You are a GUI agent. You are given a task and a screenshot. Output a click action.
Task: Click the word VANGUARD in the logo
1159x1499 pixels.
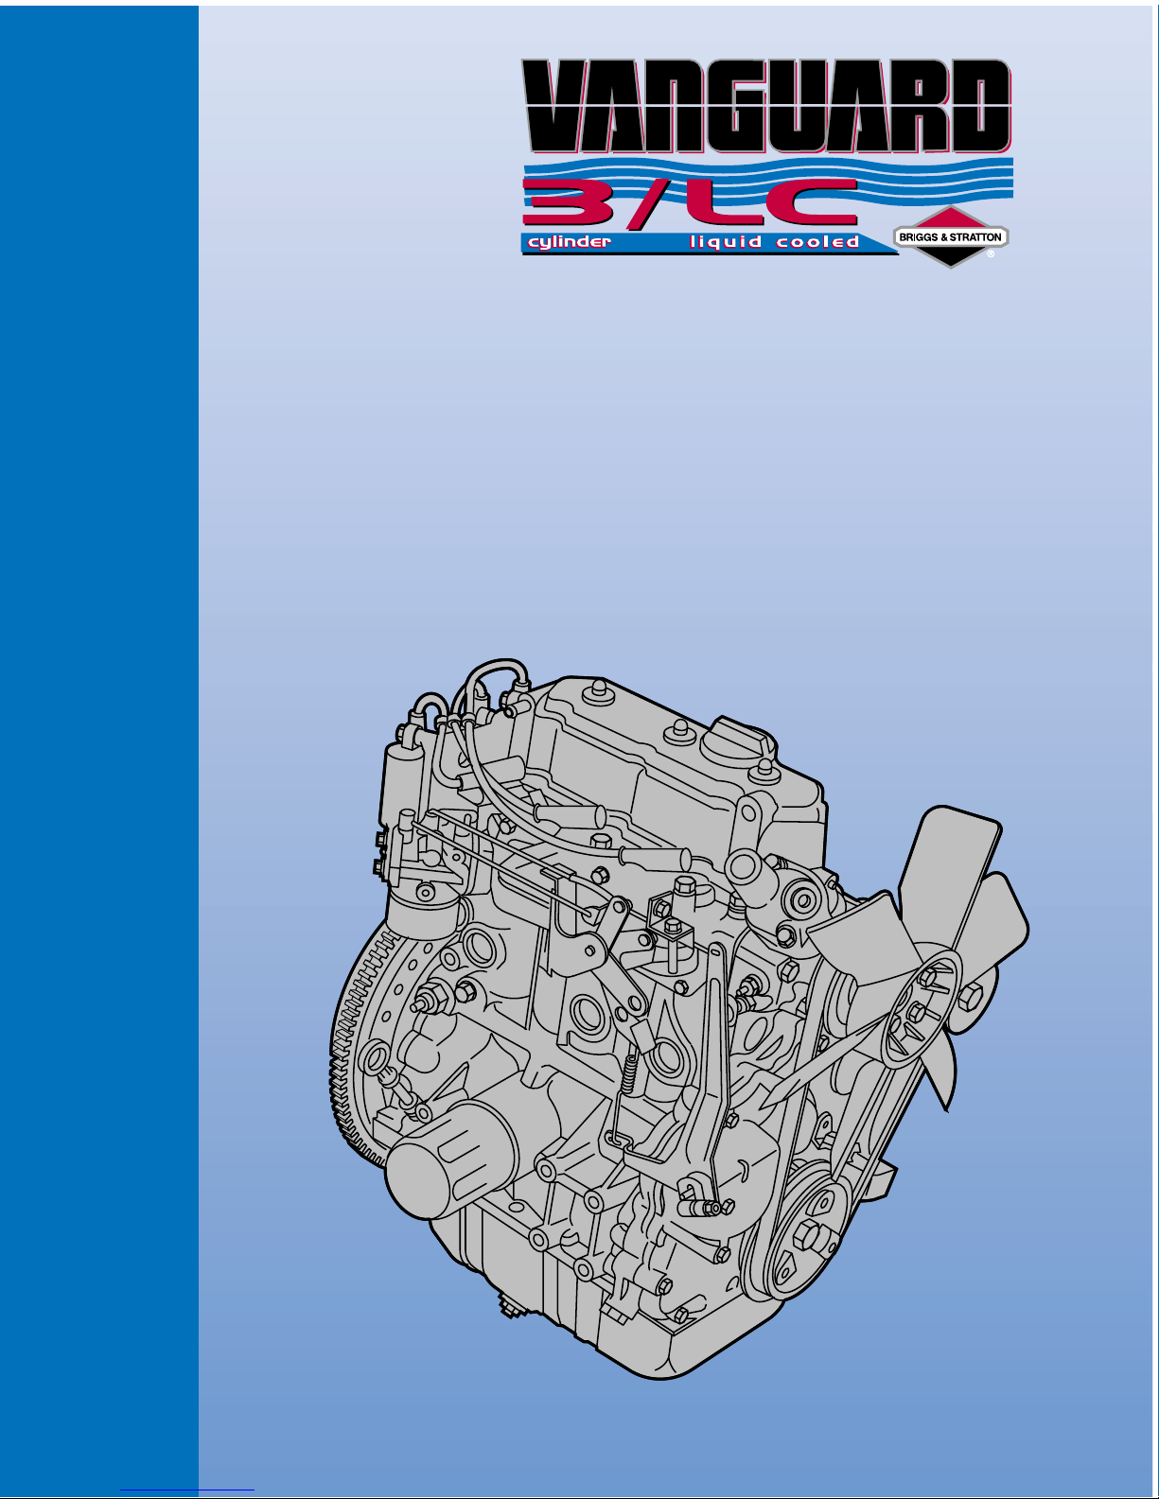coord(766,106)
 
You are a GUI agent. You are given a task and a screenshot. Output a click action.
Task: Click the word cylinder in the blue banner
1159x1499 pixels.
coord(570,242)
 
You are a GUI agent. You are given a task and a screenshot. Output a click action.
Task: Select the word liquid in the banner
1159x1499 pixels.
coord(725,241)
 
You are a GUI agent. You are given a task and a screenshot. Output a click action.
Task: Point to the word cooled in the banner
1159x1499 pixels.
coord(817,242)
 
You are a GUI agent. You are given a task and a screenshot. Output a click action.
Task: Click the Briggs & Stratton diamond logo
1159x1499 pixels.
coord(951,236)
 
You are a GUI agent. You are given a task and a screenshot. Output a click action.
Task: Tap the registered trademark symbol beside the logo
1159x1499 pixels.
coord(991,253)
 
